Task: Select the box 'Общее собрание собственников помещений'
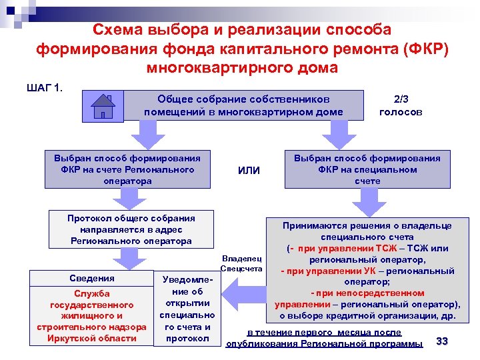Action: coord(243,105)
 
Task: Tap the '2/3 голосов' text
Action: coord(400,105)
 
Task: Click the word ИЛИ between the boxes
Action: coord(249,171)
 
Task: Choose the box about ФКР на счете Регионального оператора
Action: coord(127,169)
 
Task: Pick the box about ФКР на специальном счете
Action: coord(367,169)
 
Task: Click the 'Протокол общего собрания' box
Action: coord(131,229)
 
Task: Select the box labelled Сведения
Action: coord(92,278)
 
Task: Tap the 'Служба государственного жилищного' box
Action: coord(92,315)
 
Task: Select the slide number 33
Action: coord(441,341)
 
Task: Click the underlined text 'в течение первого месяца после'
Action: coord(324,332)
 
